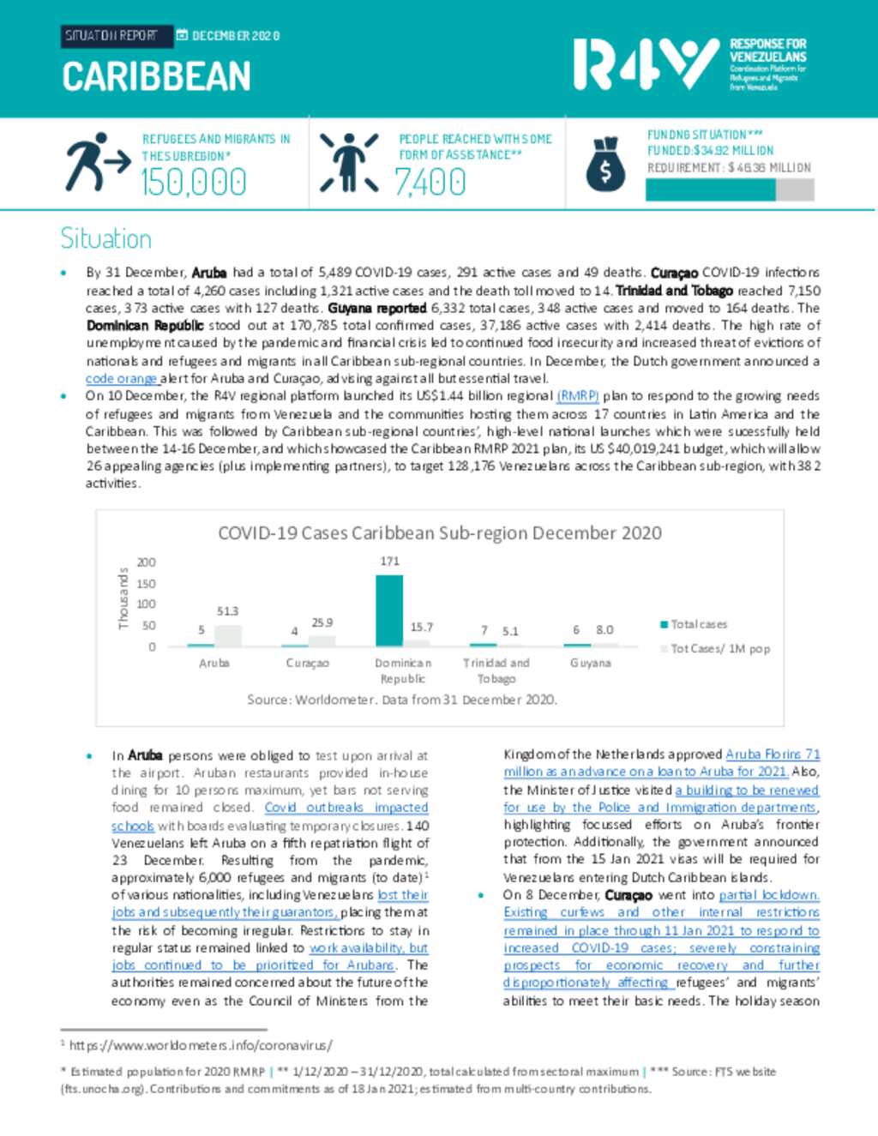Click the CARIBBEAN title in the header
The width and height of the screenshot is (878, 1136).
click(x=156, y=77)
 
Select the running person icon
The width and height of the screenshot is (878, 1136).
click(x=96, y=162)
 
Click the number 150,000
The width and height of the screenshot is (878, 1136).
click(x=194, y=183)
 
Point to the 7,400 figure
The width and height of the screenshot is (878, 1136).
click(x=430, y=183)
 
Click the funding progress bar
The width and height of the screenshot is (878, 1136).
click(x=729, y=189)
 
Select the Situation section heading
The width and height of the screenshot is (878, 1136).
click(x=105, y=238)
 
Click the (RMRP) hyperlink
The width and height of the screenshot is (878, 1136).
click(x=577, y=396)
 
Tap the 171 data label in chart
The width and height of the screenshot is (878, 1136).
click(x=389, y=561)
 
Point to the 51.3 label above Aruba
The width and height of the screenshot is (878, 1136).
click(x=227, y=611)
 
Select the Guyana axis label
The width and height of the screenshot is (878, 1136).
click(x=590, y=663)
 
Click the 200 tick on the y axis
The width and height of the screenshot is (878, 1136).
click(x=146, y=562)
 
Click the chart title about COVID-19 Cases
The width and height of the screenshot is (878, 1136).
click(x=439, y=533)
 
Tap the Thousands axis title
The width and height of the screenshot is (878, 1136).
click(x=123, y=598)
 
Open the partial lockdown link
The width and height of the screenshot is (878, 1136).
click(x=768, y=895)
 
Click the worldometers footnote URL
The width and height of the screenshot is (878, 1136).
click(x=200, y=1046)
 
